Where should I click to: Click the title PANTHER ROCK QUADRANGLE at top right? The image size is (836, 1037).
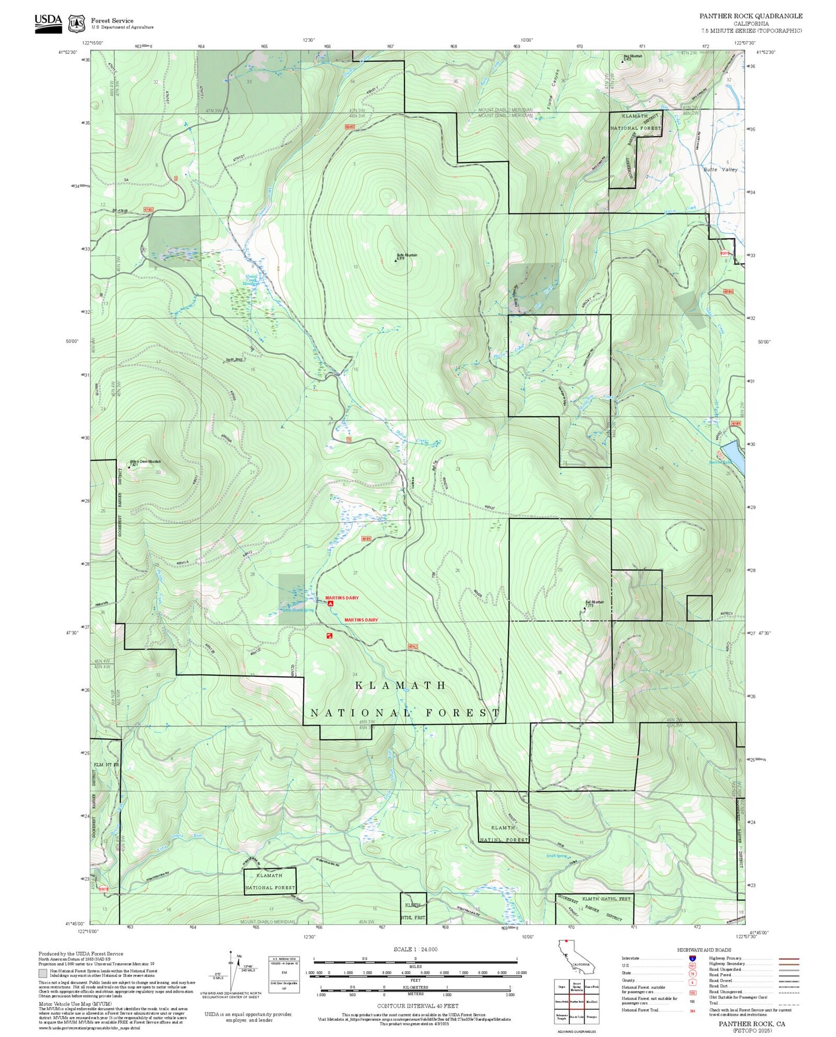pos(750,16)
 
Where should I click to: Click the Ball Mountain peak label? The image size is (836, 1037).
pos(594,602)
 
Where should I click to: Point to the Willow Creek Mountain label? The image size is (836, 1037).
pos(145,462)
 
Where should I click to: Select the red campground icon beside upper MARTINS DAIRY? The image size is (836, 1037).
pos(330,603)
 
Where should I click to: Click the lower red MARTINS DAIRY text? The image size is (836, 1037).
pos(361,620)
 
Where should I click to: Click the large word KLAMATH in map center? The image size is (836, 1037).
pos(400,686)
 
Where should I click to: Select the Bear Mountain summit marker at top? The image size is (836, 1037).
pos(623,60)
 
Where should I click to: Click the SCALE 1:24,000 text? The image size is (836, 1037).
pos(415,949)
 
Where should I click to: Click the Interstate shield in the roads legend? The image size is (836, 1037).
pos(692,958)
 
